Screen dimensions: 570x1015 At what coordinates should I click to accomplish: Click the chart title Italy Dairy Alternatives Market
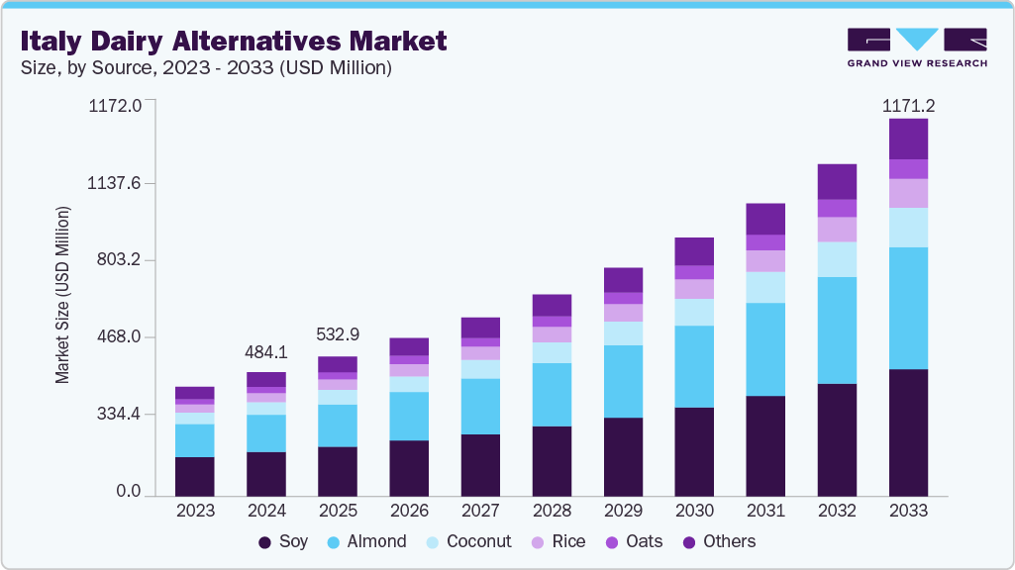(234, 41)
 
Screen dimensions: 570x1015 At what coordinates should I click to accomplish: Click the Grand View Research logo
(916, 47)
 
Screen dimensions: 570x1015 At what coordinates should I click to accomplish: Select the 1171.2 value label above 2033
(908, 105)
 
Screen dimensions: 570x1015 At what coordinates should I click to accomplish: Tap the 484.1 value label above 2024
(266, 352)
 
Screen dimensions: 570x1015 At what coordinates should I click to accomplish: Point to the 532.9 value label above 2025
(338, 335)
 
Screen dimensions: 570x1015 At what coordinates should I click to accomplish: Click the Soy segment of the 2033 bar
(908, 432)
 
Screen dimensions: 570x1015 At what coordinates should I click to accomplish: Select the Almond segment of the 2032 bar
(837, 331)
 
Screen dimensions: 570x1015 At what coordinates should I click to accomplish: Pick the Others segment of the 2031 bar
(765, 219)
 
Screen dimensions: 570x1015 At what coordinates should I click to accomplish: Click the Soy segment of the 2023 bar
(195, 476)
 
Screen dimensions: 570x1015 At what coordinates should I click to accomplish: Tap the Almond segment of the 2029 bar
(623, 381)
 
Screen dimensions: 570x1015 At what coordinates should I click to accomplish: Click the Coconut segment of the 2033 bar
(908, 228)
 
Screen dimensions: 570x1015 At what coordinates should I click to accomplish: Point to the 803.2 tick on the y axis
(122, 260)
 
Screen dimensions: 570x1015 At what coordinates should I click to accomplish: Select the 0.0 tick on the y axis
(129, 492)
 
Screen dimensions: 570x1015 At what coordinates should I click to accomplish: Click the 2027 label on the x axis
(480, 512)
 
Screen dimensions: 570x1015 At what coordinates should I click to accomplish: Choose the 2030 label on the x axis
(694, 512)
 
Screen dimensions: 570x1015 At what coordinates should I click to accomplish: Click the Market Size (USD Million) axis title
(62, 295)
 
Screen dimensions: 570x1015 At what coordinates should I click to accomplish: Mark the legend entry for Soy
(283, 542)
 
